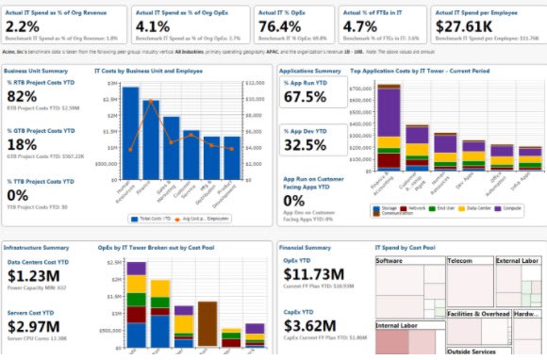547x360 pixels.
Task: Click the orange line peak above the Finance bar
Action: point(150,100)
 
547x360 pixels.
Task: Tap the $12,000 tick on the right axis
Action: point(257,83)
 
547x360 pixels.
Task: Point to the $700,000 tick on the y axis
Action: point(362,87)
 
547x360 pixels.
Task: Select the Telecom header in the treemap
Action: point(460,260)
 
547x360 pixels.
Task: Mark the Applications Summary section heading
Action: point(313,71)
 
